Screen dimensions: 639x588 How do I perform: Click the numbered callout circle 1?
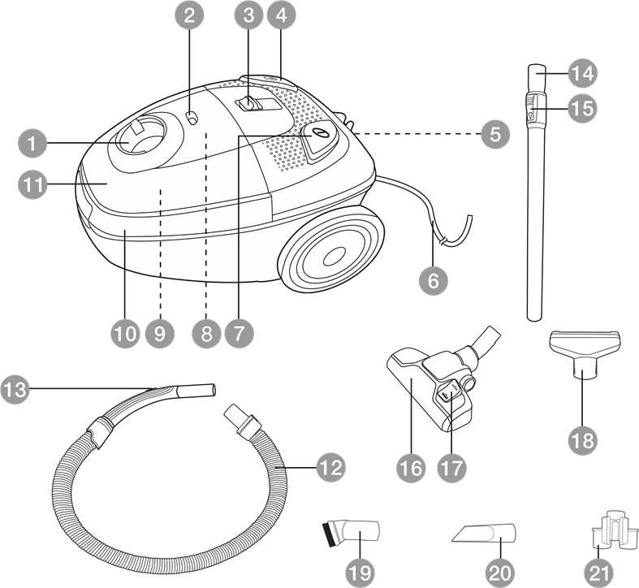[x=32, y=143]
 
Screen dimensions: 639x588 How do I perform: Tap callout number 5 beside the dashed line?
[x=495, y=134]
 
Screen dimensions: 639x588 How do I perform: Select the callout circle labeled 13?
[x=15, y=389]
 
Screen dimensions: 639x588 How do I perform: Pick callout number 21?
[x=598, y=573]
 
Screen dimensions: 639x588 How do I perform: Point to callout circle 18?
[x=583, y=440]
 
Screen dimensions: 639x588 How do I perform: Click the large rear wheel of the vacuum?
[x=331, y=249]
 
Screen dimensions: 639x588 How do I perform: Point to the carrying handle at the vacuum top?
[x=268, y=81]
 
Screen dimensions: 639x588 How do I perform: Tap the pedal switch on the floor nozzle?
[x=448, y=393]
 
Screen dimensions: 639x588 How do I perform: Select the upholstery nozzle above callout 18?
[x=585, y=350]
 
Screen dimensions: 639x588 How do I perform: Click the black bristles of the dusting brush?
[x=328, y=534]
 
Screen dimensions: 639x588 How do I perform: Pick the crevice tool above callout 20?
[x=484, y=533]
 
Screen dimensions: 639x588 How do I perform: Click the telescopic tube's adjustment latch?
[x=532, y=108]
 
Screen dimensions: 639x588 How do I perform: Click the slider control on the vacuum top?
[x=248, y=103]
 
